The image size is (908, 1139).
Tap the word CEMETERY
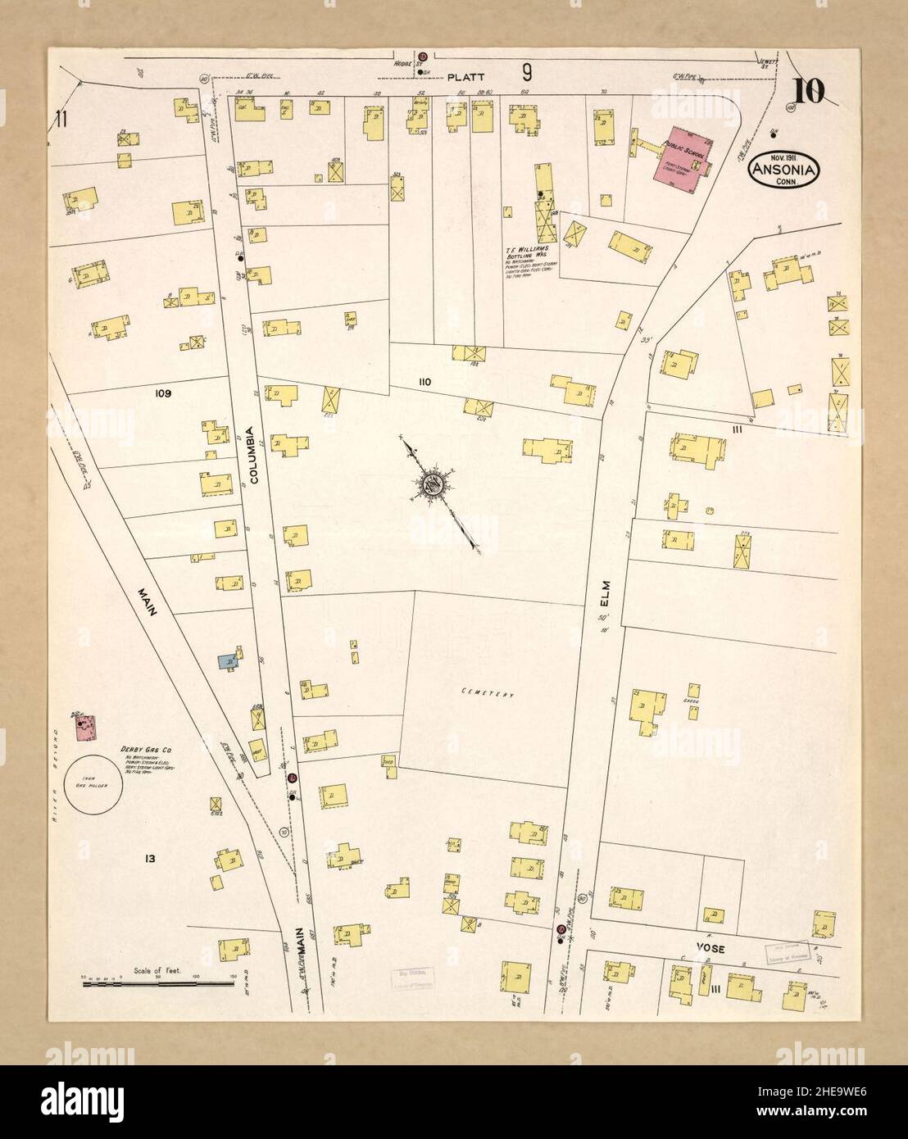(486, 695)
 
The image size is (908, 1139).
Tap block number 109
(163, 393)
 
